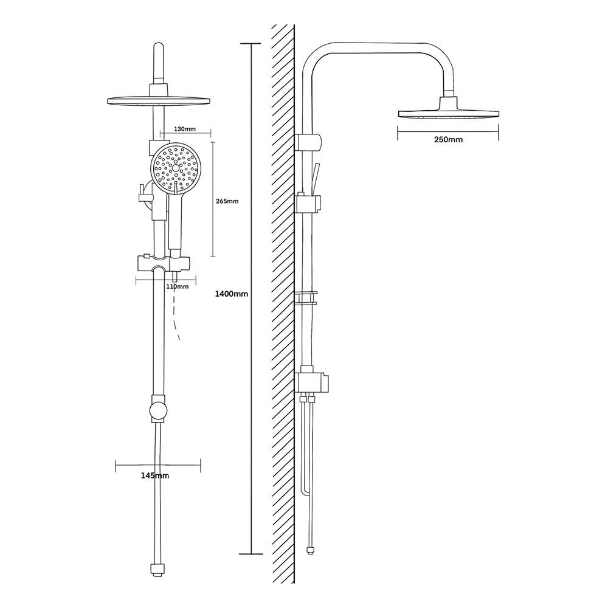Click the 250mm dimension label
pyautogui.click(x=448, y=140)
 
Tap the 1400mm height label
pyautogui.click(x=232, y=294)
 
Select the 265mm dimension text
pyautogui.click(x=227, y=201)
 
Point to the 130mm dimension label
pyautogui.click(x=185, y=129)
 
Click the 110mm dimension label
pyautogui.click(x=177, y=286)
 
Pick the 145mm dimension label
pyautogui.click(x=155, y=475)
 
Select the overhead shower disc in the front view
pyautogui.click(x=159, y=100)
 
